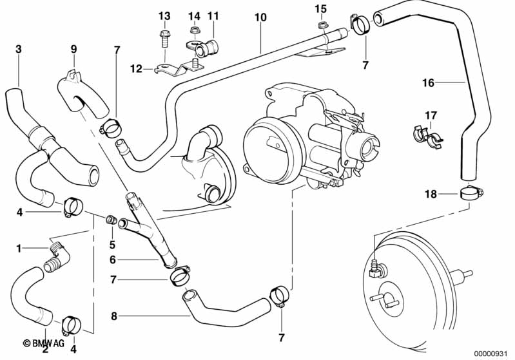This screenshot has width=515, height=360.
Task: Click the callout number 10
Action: pos(260,17)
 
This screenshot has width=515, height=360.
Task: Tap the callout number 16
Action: pos(428,82)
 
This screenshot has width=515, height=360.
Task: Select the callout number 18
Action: pos(431,194)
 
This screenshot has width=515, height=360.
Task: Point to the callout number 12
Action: pos(136,69)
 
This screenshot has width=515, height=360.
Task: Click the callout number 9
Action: pos(73,49)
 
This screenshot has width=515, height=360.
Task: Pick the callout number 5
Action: pos(112,245)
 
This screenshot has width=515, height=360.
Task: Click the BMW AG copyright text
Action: pos(43,343)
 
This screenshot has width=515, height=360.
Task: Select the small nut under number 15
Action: pos(321,24)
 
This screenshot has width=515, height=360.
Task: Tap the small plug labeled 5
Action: pos(110,220)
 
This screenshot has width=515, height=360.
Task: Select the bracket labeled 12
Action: pos(179,68)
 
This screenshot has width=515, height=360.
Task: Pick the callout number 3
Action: pos(19,49)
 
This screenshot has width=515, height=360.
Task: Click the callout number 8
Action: pos(113,316)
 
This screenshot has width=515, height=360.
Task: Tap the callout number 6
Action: pos(113,260)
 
